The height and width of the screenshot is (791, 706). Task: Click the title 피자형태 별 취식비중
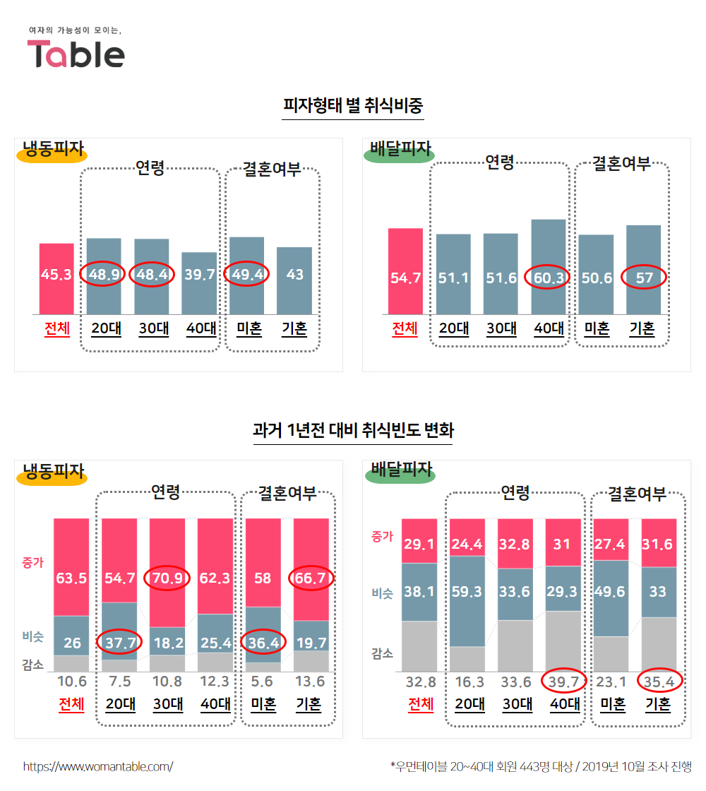tap(352, 107)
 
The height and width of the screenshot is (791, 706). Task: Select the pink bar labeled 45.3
tap(56, 275)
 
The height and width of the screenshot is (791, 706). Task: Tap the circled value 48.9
tap(103, 274)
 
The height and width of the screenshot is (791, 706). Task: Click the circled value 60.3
tap(548, 278)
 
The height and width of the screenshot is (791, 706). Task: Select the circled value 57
tap(644, 278)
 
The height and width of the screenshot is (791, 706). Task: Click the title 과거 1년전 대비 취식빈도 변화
tap(353, 429)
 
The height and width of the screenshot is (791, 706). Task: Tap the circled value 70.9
tap(167, 578)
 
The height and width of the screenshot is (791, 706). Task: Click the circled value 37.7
tap(119, 642)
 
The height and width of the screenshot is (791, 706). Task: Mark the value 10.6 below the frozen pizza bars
tap(71, 682)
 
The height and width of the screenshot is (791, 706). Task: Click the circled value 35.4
tap(658, 682)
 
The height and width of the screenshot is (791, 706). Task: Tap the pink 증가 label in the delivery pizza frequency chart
tap(382, 536)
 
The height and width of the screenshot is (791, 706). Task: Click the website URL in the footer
tap(97, 766)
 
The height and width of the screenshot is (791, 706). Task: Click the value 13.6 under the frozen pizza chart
tap(310, 682)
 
